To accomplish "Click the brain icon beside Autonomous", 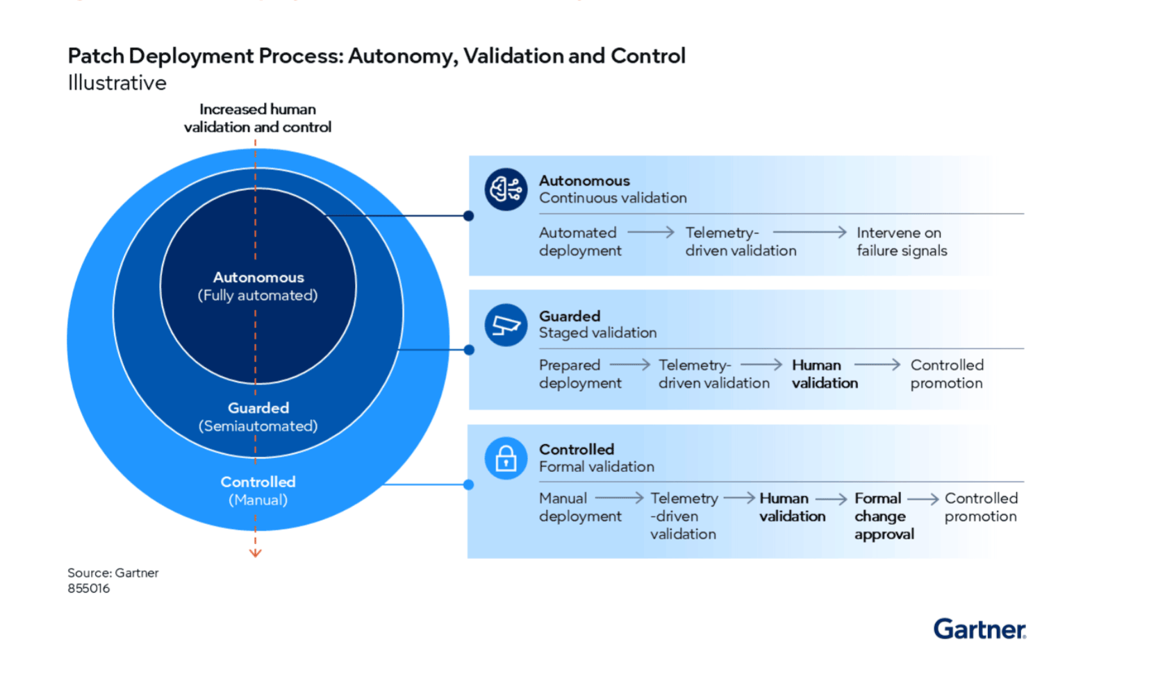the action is (506, 189).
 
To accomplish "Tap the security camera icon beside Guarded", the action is (506, 325).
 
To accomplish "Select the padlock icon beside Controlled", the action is (506, 458).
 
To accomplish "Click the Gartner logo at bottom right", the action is (979, 629).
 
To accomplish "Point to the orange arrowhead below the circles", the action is (256, 553).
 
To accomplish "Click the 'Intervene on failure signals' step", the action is (902, 242).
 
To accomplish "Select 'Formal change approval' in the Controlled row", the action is (884, 516).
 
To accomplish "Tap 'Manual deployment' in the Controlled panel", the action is (580, 507).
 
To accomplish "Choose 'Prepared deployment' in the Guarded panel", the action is (580, 374).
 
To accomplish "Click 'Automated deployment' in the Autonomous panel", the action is (580, 242).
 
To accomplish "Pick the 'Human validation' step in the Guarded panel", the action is (825, 374).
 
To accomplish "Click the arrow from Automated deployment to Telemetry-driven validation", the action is (651, 233).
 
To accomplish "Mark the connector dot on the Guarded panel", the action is (469, 350).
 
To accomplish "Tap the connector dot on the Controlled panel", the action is (468, 484).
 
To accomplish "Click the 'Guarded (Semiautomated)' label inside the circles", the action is (258, 416).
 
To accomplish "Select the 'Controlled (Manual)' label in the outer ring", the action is (258, 491).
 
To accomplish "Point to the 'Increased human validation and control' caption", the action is (258, 118).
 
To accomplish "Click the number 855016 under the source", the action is (89, 588).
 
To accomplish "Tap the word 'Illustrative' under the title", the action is (117, 83).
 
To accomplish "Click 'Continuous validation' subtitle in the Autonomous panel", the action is (613, 198).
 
